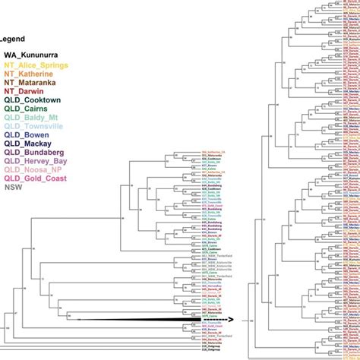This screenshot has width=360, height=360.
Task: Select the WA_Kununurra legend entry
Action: [x=33, y=55]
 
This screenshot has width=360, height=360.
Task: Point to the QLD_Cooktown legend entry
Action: [x=34, y=100]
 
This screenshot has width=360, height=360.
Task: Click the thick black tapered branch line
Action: [x=137, y=321]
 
